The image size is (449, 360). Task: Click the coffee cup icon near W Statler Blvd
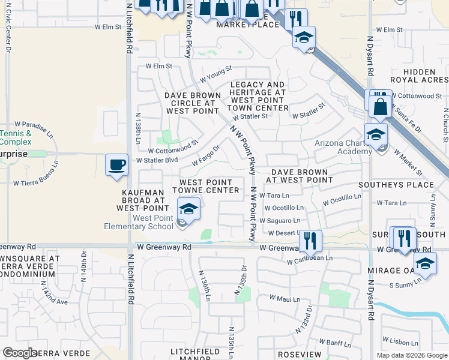click(116, 164)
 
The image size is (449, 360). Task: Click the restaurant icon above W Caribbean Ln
click(310, 241)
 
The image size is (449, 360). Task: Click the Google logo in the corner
click(20, 353)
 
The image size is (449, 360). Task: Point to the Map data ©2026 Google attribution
click(412, 355)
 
